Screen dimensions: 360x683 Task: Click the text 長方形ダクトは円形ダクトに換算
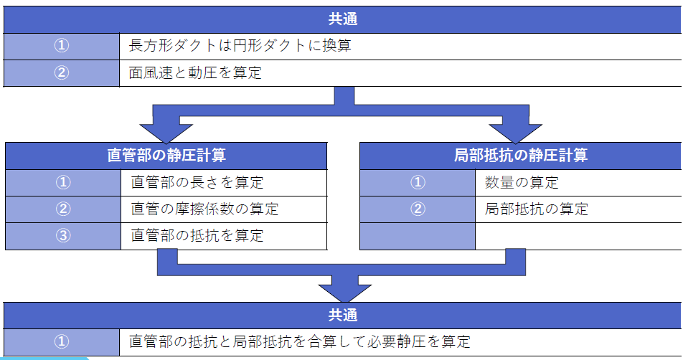(x=240, y=47)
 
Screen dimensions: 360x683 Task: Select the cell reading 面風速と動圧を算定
(x=195, y=73)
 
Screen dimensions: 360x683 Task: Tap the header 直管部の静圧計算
(x=166, y=155)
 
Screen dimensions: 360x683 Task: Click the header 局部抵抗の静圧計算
(x=521, y=155)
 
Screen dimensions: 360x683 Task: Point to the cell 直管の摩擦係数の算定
(x=204, y=209)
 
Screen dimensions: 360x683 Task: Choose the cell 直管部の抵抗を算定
(x=197, y=236)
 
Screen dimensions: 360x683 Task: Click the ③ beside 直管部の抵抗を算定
(x=63, y=236)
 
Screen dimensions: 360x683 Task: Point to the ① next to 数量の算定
(x=418, y=182)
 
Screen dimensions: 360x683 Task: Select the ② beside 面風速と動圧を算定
(x=62, y=73)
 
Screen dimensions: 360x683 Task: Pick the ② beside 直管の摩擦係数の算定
(x=63, y=209)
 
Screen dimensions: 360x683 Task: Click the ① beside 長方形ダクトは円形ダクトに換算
(x=62, y=47)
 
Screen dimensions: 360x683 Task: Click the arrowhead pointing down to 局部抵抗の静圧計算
(x=516, y=131)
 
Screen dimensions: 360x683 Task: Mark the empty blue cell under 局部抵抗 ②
(x=418, y=236)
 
